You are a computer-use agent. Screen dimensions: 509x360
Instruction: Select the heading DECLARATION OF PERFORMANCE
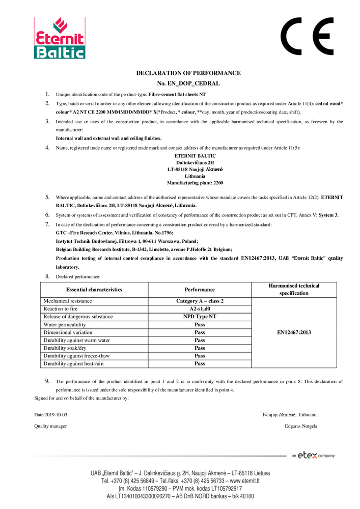click(188, 73)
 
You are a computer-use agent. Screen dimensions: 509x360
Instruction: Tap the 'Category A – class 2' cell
click(200, 301)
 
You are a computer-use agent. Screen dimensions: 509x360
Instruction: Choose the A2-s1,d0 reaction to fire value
click(200, 309)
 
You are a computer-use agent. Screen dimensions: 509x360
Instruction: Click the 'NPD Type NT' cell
click(200, 317)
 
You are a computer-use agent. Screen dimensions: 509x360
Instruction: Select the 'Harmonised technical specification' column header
click(294, 290)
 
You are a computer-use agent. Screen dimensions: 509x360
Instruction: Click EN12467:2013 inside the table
click(294, 332)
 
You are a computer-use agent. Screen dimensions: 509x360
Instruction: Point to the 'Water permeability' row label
click(65, 325)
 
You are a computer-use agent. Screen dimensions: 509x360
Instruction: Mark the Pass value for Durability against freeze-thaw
click(200, 356)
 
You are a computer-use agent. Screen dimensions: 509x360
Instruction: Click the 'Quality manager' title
click(50, 426)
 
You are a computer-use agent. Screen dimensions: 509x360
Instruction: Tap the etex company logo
click(313, 456)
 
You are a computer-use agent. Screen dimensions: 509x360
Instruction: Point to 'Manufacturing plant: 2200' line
click(195, 182)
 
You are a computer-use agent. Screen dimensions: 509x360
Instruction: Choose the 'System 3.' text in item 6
click(329, 215)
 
